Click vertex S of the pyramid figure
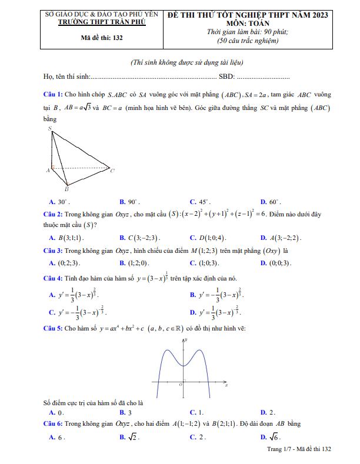click(x=50, y=128)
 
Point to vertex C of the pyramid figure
click(x=112, y=171)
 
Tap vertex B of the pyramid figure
click(x=66, y=189)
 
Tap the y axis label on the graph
click(x=186, y=341)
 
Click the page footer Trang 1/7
click(x=278, y=449)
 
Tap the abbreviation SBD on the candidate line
click(x=226, y=76)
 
